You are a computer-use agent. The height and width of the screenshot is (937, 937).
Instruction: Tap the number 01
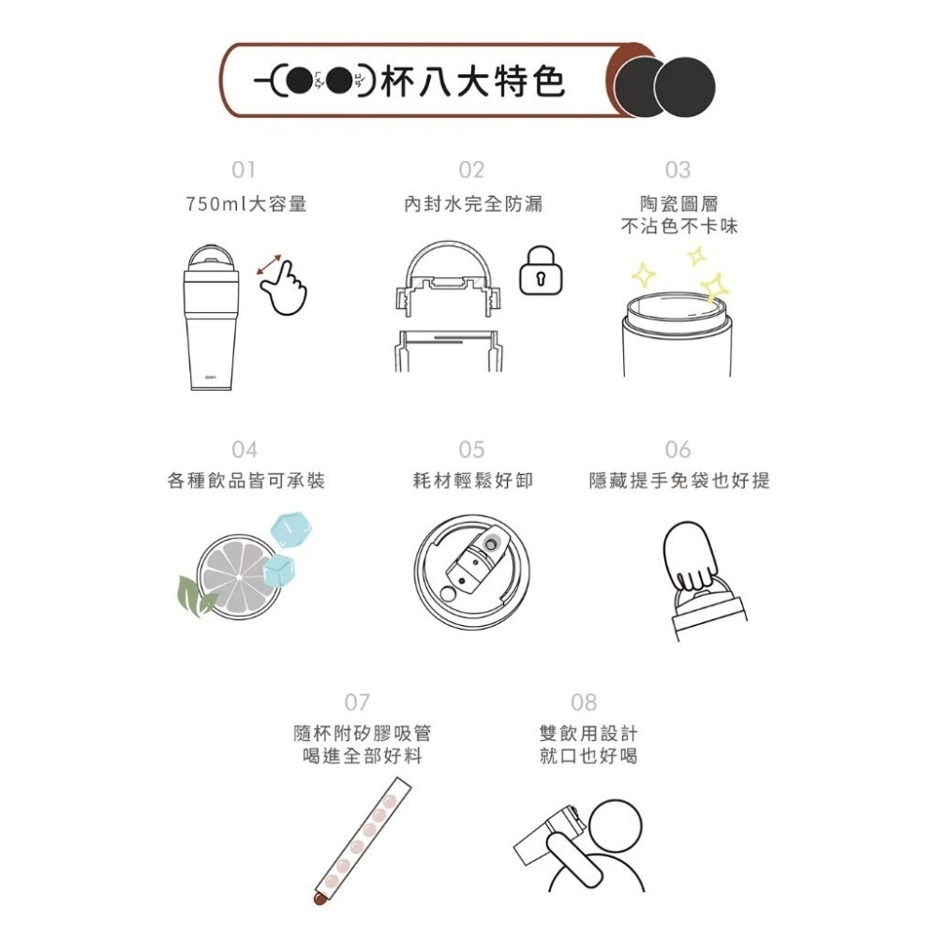click(244, 170)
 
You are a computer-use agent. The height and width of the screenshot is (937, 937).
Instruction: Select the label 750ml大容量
click(246, 203)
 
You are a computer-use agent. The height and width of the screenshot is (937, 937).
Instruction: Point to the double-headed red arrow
click(272, 265)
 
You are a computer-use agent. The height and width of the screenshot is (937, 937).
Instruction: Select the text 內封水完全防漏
click(472, 203)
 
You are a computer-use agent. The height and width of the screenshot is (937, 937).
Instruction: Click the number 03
click(677, 170)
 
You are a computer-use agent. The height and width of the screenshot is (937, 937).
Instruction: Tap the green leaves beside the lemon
click(194, 592)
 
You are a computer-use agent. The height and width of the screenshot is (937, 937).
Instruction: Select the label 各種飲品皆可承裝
click(246, 481)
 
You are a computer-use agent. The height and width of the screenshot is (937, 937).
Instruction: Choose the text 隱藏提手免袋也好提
click(679, 481)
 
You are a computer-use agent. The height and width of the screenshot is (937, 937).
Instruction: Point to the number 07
click(357, 702)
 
